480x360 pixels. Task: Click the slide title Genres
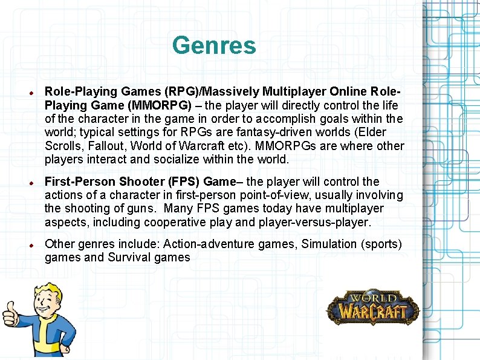tap(214, 45)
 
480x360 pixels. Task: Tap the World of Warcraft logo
tap(372, 307)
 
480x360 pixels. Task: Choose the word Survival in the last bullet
tap(130, 258)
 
